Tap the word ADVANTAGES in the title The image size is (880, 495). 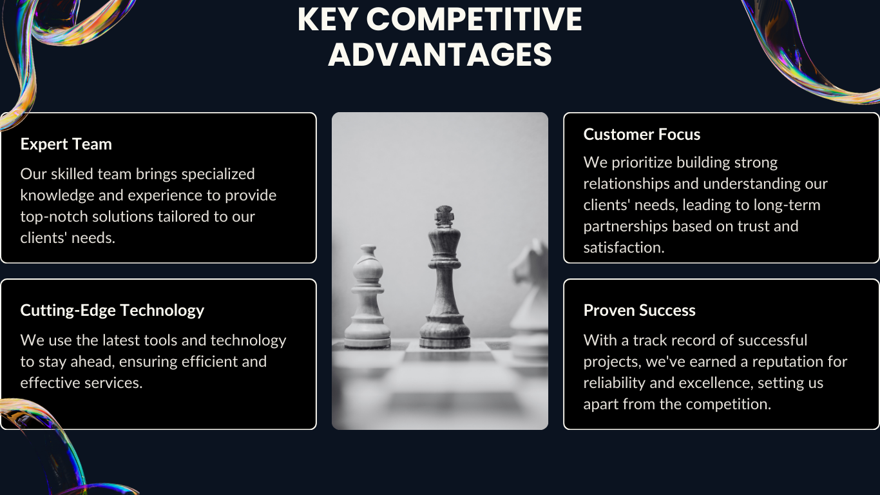pos(440,54)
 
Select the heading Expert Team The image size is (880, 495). pos(66,144)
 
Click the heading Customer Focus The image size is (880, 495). pos(642,134)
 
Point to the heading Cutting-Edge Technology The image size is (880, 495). pos(112,310)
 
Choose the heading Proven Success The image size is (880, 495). pos(639,310)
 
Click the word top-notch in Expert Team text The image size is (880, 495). pos(54,217)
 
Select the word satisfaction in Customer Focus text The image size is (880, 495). pos(624,247)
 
